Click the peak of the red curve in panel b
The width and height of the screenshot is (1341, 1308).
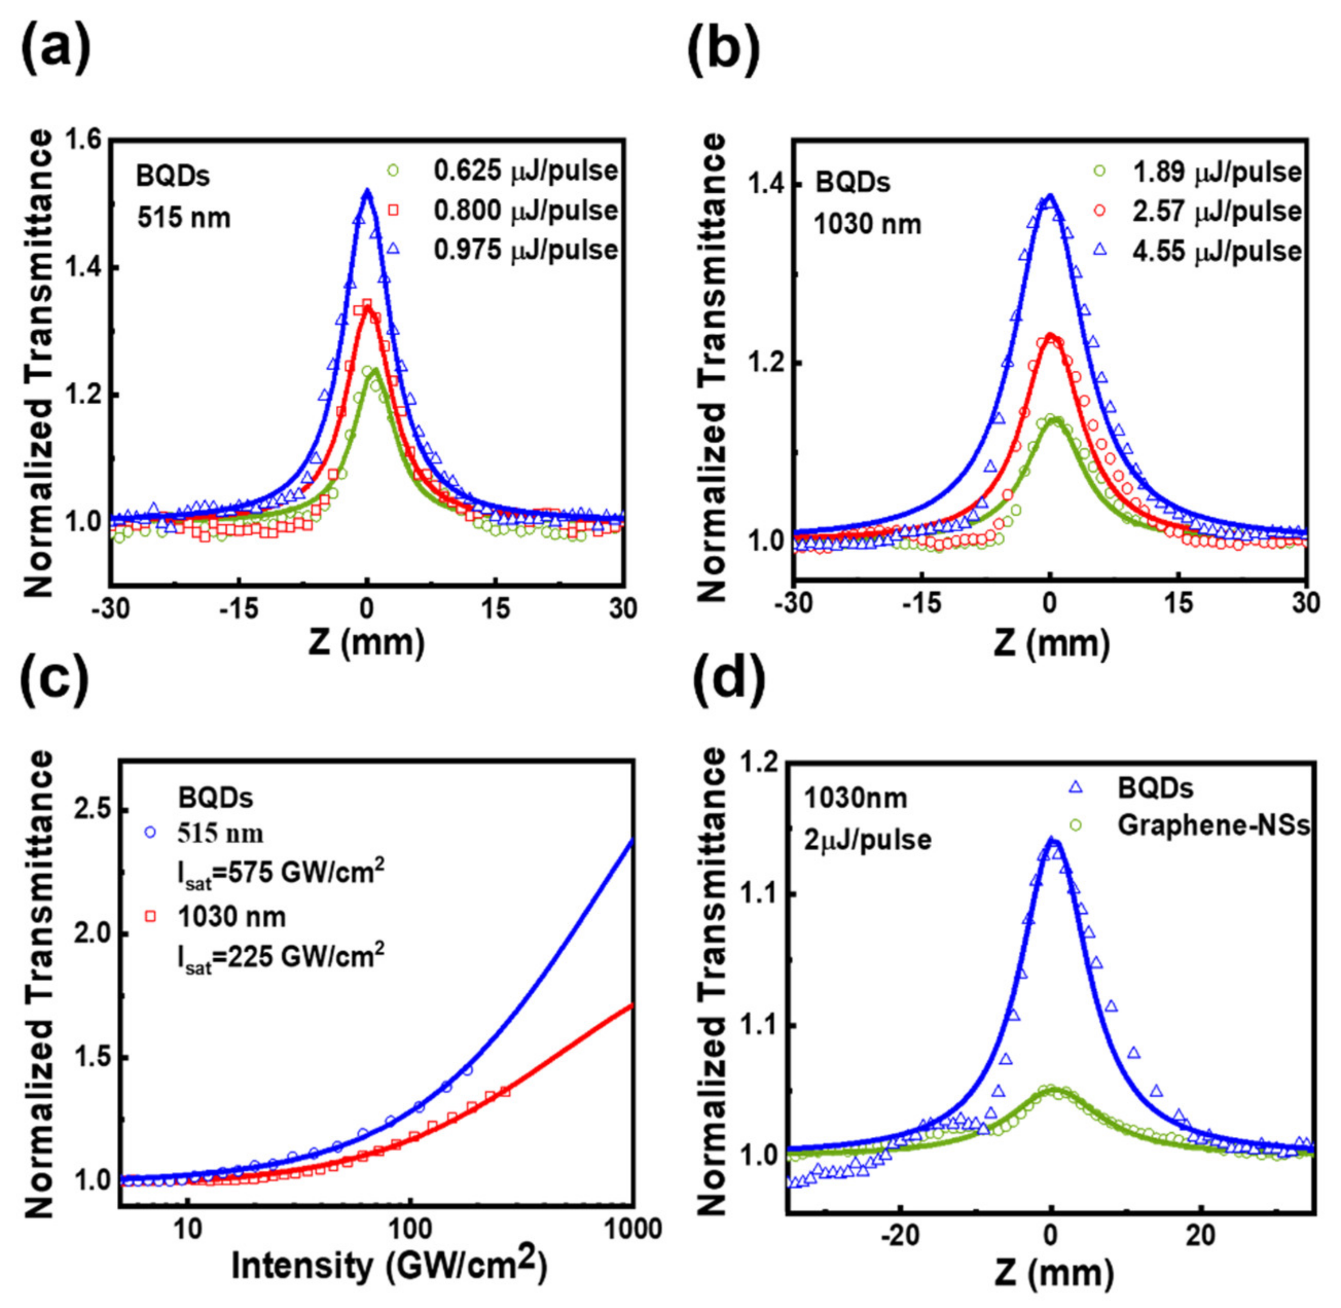pos(1050,335)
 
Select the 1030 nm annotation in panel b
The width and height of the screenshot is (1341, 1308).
pos(867,224)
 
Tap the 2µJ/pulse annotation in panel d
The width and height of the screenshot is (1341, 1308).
pos(867,840)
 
